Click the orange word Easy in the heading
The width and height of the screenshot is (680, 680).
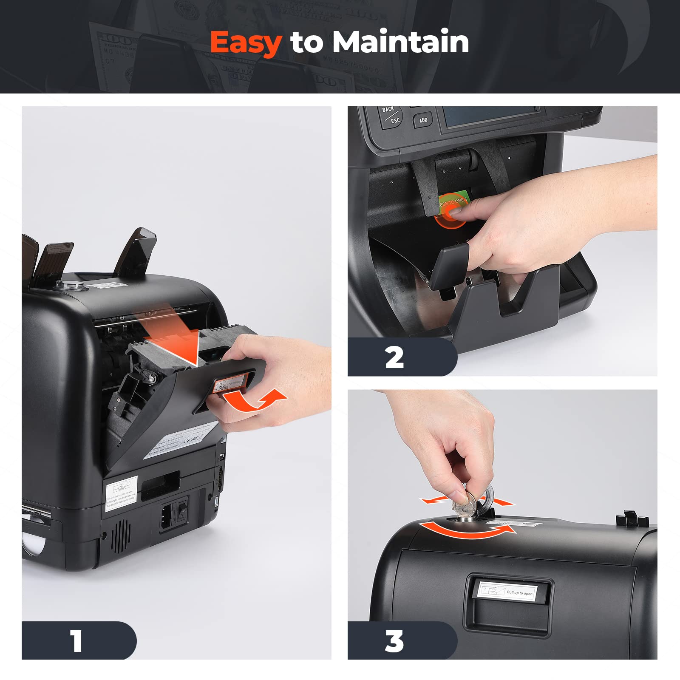[246, 42]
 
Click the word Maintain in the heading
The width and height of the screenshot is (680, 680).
[400, 42]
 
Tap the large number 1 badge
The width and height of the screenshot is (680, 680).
[77, 640]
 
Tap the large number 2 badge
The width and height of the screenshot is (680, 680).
[394, 357]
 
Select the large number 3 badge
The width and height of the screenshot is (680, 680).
[394, 640]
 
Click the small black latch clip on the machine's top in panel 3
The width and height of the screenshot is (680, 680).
[631, 518]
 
